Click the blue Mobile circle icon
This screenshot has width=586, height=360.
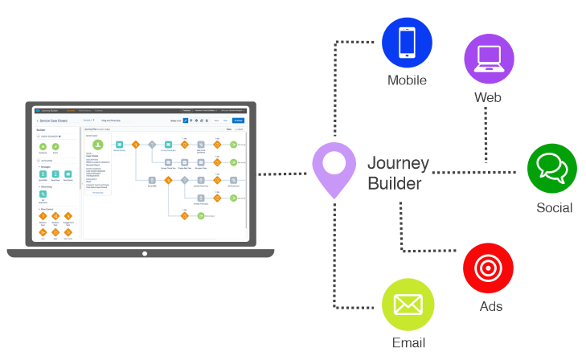(x=407, y=42)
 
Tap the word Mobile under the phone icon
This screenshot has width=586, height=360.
(x=407, y=80)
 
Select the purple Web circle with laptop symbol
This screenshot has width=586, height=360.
(x=489, y=59)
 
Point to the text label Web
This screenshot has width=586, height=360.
(x=488, y=98)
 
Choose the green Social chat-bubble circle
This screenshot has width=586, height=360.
(x=552, y=169)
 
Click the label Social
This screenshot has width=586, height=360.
(x=555, y=208)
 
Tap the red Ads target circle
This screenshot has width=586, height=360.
(x=488, y=268)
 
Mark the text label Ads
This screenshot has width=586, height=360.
(x=490, y=306)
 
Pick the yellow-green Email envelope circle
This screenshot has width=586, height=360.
(x=408, y=306)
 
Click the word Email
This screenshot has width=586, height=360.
(x=408, y=343)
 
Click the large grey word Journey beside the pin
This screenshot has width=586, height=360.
(x=399, y=164)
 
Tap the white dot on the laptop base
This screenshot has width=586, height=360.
(x=145, y=253)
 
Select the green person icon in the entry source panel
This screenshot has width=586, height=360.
(x=98, y=145)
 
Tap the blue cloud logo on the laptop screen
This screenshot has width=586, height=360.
(x=38, y=110)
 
